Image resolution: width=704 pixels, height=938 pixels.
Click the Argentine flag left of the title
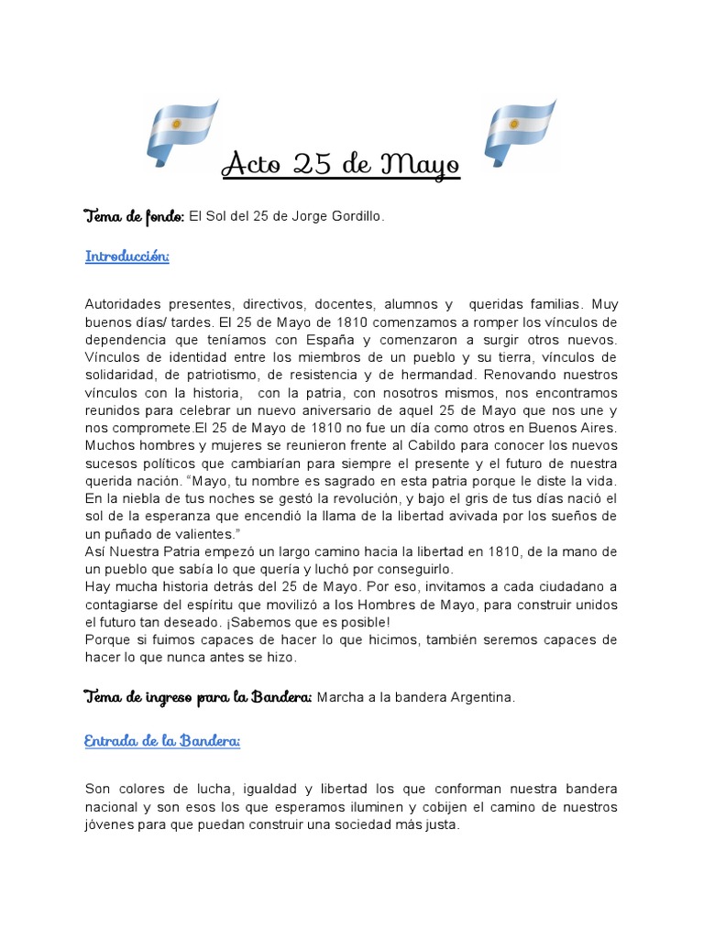click(181, 132)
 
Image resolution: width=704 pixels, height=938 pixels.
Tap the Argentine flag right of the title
click(519, 132)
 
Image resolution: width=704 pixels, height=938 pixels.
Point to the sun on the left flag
click(176, 122)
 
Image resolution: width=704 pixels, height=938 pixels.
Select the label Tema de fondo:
click(134, 216)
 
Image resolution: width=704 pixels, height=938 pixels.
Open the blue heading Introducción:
click(127, 256)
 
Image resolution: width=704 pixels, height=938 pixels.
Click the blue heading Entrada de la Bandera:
click(162, 741)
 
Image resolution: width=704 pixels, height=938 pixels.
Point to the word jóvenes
click(109, 823)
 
